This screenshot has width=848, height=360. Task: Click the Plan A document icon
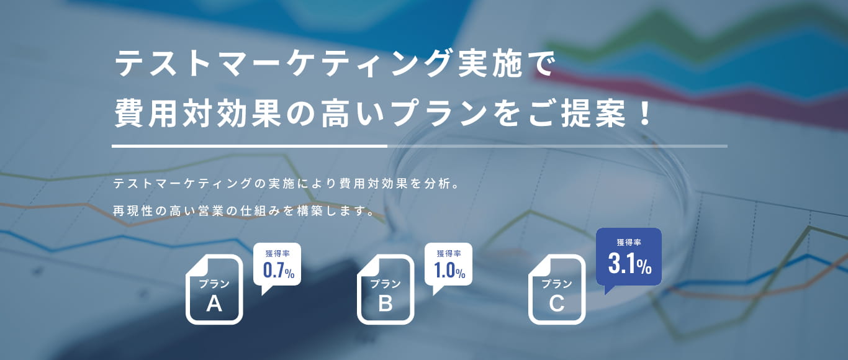click(214, 290)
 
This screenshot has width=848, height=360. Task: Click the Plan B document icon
click(386, 290)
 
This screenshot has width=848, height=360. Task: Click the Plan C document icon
click(557, 290)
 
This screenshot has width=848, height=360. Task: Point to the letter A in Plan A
click(214, 304)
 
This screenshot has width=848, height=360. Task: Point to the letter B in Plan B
click(386, 304)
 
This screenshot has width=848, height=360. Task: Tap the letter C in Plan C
click(557, 304)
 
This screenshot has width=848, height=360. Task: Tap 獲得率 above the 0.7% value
click(277, 253)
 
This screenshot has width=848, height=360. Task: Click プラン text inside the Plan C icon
click(557, 284)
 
